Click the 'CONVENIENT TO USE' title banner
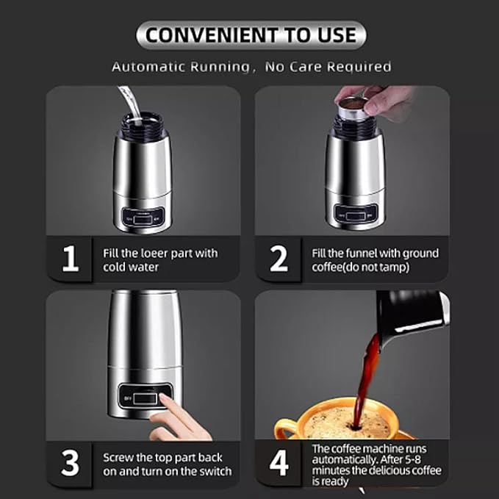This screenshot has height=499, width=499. (251, 35)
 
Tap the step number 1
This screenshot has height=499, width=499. (71, 259)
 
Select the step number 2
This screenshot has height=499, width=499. (279, 259)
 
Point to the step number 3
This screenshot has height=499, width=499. (71, 463)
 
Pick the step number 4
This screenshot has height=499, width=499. (279, 463)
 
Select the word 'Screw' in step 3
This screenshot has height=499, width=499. (118, 456)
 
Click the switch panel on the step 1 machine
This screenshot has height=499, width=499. (142, 217)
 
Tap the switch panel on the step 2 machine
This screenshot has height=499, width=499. (354, 213)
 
